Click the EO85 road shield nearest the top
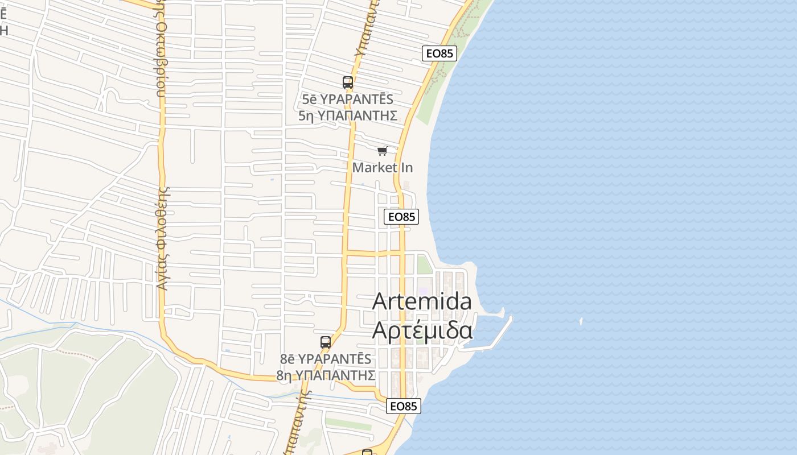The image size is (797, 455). tap(439, 53)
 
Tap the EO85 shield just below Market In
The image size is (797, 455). tap(401, 217)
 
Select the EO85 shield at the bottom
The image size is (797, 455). tap(404, 406)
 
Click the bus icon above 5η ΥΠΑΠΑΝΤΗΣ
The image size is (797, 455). tap(348, 82)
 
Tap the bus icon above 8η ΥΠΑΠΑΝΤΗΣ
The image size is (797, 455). tap(326, 342)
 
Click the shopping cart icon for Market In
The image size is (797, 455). tap(383, 151)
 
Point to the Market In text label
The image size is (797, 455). tap(383, 168)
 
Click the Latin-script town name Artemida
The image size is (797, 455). tap(422, 301)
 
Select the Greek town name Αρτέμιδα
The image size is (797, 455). tap(422, 330)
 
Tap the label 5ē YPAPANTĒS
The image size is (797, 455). tap(348, 100)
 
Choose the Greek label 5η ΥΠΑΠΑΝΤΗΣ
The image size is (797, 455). tap(348, 115)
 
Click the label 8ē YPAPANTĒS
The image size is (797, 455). tap(326, 359)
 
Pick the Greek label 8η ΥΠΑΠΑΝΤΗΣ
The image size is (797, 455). tap(326, 375)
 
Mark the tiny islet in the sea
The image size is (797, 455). tap(581, 321)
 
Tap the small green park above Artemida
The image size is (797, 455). tap(425, 264)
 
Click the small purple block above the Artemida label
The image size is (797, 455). tap(423, 291)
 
